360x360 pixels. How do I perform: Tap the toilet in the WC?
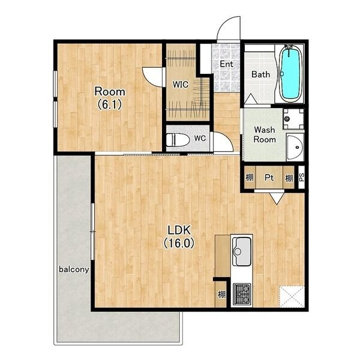[x=178, y=140]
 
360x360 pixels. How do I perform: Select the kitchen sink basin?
[x=242, y=251]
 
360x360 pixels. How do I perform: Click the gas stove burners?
[x=242, y=295]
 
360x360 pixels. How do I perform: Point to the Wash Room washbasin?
[x=295, y=148]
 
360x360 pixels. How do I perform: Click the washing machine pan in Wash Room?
[x=293, y=119]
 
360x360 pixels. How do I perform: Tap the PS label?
[x=301, y=177]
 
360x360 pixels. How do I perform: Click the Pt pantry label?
[x=269, y=178]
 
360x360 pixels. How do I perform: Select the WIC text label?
[x=181, y=85]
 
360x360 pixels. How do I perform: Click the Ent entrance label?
[x=226, y=64]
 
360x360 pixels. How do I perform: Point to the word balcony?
[x=74, y=269]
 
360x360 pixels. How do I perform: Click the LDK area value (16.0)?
[x=179, y=243]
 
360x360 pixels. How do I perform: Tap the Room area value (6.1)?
[x=110, y=104]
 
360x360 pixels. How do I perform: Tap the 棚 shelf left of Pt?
[x=250, y=178]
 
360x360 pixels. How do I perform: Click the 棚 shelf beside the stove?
[x=221, y=295]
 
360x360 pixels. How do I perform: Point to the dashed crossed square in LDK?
[x=292, y=296]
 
